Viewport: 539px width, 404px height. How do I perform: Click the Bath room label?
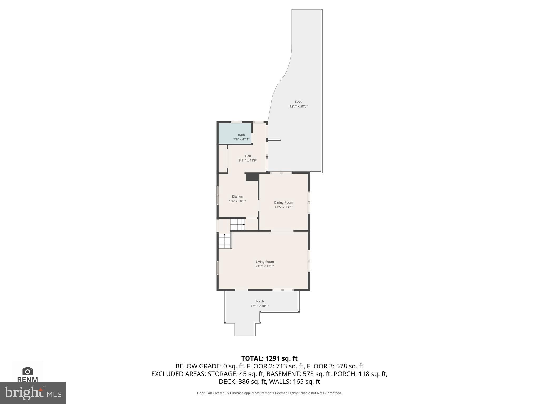[x=241, y=135]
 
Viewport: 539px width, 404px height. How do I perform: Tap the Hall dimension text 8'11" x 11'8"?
[x=248, y=160]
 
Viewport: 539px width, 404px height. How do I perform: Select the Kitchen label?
[x=237, y=196]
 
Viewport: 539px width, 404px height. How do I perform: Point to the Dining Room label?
[x=283, y=203]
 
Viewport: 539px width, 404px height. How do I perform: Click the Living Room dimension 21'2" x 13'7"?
[x=265, y=266]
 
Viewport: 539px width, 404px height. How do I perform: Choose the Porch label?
[x=259, y=301]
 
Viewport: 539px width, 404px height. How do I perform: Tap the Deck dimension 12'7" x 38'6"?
[x=298, y=107]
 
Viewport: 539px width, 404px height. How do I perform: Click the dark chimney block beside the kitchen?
[x=252, y=177]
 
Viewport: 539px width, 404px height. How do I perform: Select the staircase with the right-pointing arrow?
[x=237, y=224]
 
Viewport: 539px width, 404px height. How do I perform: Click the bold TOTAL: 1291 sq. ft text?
[x=269, y=358]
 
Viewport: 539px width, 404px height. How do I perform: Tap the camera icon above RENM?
[x=27, y=371]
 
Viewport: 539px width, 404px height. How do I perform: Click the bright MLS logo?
[x=33, y=393]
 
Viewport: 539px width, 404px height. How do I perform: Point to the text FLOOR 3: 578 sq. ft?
[x=335, y=366]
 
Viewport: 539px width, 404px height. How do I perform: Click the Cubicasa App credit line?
[x=269, y=393]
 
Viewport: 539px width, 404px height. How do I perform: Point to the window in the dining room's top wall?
[x=281, y=173]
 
